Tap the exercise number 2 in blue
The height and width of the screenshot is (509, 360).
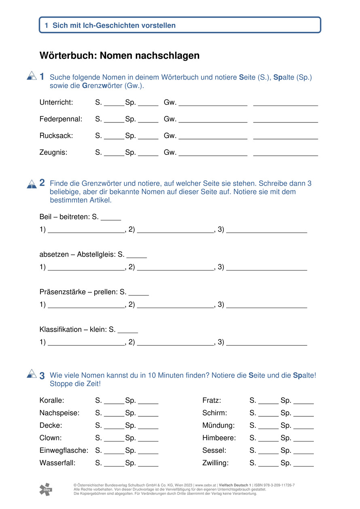click(42, 183)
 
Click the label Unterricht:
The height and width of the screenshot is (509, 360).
click(56, 103)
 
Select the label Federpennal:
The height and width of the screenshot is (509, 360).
click(61, 119)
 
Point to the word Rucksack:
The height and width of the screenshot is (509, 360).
click(56, 136)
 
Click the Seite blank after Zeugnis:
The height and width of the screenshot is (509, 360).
click(114, 154)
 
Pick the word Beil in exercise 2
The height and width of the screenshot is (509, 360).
click(45, 217)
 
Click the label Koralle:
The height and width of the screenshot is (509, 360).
click(52, 401)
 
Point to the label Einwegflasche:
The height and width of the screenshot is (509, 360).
click(64, 450)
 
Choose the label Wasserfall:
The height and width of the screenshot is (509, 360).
click(57, 463)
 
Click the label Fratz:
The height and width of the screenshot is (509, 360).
click(212, 401)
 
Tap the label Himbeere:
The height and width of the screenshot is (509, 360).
click(219, 438)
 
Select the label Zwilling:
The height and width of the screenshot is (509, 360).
click(215, 463)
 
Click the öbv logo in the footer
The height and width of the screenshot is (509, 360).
click(46, 489)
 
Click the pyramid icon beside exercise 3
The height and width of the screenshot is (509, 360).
click(32, 374)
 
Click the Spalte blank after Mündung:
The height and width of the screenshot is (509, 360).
click(303, 427)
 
